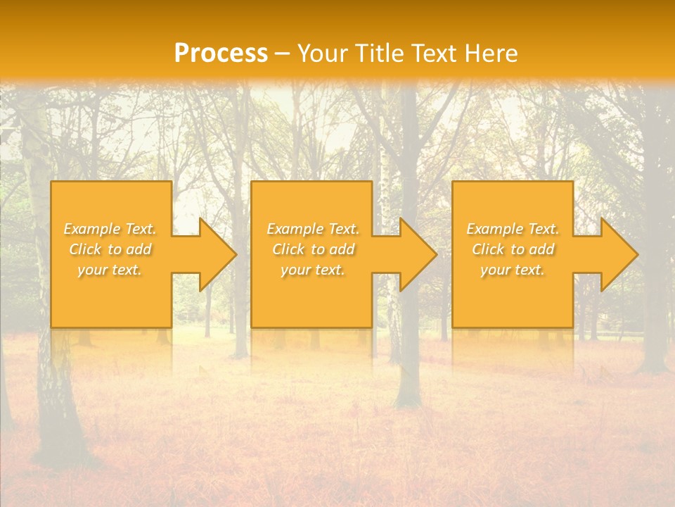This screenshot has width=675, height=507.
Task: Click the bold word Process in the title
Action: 221,54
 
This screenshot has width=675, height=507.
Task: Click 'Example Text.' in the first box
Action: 110,229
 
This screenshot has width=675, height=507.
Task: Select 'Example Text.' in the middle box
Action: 313,229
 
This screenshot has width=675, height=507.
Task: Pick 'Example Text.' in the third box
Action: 513,229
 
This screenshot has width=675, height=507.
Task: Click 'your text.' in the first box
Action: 110,270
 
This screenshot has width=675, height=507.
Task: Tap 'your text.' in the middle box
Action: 313,270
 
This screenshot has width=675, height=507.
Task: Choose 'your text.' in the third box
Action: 513,270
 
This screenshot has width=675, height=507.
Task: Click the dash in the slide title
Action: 282,54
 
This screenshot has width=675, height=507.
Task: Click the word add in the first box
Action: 139,249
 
